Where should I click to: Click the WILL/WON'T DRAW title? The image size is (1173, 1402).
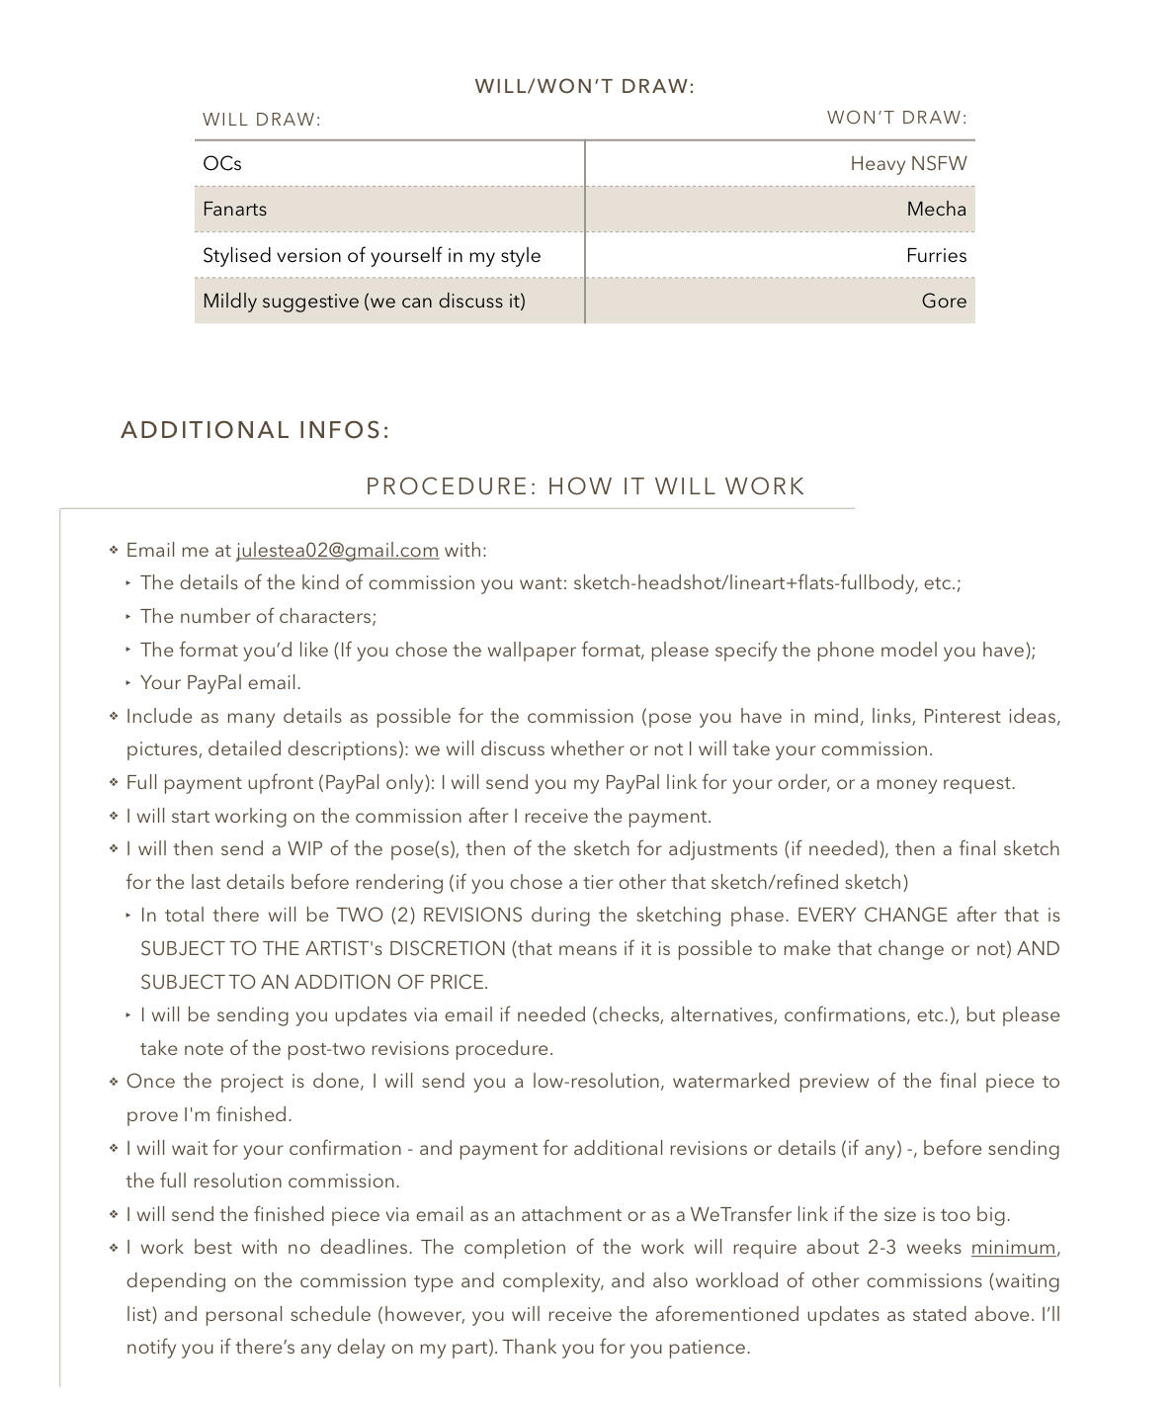coord(584,86)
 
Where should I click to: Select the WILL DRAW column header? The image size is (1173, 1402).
coord(262,120)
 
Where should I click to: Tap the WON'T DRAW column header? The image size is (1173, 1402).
coord(896,118)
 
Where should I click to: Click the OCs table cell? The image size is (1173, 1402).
coord(222,164)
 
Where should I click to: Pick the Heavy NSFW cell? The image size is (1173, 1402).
coord(908,164)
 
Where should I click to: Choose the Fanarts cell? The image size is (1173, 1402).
coord(235,210)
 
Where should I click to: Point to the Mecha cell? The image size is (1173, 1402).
coord(936,210)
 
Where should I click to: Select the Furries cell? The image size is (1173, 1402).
coord(936,256)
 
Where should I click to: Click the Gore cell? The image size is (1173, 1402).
coord(944,302)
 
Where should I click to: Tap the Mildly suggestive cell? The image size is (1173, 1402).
coord(364,302)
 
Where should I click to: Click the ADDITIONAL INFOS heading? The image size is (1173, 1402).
coord(255,430)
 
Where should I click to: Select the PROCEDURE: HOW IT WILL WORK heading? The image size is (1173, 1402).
coord(585,486)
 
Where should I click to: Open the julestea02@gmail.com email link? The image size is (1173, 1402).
coord(337,551)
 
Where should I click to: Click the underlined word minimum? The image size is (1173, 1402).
coord(1013,1248)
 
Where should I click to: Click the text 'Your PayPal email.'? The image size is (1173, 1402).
coord(220,683)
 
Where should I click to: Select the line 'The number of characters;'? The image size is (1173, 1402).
coord(258,617)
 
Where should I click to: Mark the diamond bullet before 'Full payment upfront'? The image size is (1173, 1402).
coord(114,782)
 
